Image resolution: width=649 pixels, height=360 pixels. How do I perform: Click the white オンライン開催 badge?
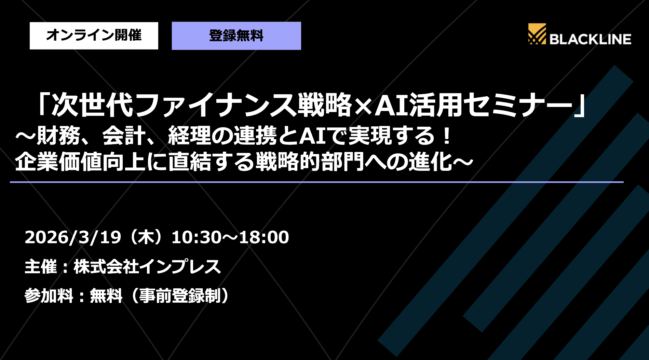pyautogui.click(x=94, y=36)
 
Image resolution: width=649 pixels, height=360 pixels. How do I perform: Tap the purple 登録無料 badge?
pyautogui.click(x=236, y=36)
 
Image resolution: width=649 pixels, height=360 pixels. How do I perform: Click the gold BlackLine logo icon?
pyautogui.click(x=537, y=34)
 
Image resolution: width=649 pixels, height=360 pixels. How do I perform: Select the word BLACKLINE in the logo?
pyautogui.click(x=590, y=39)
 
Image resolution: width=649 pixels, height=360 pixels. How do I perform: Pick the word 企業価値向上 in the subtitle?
pyautogui.click(x=80, y=162)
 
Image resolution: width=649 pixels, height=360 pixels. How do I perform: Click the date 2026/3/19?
pyautogui.click(x=73, y=237)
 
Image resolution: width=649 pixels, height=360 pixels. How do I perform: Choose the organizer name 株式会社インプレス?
pyautogui.click(x=147, y=267)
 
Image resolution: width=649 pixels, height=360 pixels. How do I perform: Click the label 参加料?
pyautogui.click(x=49, y=296)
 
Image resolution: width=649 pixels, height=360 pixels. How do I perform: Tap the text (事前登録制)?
pyautogui.click(x=179, y=296)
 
